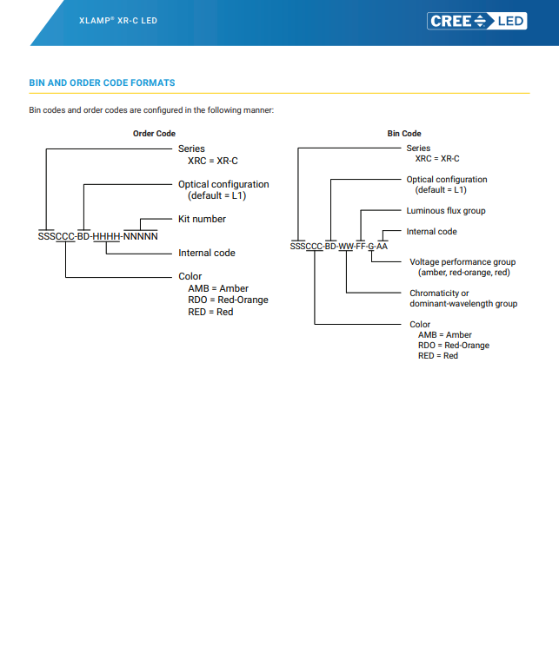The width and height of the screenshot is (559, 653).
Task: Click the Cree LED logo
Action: click(x=477, y=21)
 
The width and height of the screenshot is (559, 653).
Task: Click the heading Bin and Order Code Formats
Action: click(x=102, y=82)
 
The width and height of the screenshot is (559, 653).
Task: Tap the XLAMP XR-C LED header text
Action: click(x=118, y=21)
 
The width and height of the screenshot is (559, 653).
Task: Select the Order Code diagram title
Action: click(x=154, y=134)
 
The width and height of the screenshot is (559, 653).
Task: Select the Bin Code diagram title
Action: click(x=404, y=134)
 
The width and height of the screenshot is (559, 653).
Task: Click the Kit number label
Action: click(x=202, y=219)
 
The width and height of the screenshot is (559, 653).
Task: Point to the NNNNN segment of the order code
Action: click(x=141, y=236)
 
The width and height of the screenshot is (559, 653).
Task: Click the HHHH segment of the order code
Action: click(x=106, y=236)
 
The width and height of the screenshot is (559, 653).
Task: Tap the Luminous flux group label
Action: click(x=446, y=211)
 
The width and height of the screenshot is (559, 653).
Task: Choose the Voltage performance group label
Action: click(x=463, y=262)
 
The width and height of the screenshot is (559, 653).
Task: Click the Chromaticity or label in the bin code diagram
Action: click(x=439, y=294)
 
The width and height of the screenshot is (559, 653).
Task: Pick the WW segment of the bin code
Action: click(x=345, y=247)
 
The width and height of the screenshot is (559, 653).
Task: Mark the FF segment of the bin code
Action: click(x=361, y=247)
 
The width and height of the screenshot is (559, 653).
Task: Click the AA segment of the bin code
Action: click(x=383, y=247)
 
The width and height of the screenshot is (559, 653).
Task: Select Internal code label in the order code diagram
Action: click(x=207, y=253)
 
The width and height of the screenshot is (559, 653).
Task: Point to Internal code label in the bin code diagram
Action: click(x=431, y=232)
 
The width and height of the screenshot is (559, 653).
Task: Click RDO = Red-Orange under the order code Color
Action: click(x=228, y=300)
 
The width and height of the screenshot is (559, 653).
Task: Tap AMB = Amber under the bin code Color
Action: click(x=445, y=335)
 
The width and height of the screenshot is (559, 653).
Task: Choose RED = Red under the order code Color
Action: click(x=210, y=312)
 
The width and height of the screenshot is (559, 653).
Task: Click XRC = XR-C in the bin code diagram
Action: click(x=437, y=159)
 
